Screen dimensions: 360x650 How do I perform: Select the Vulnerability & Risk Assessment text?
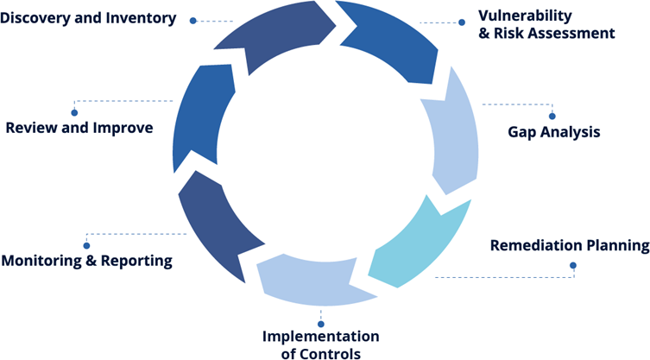(546, 25)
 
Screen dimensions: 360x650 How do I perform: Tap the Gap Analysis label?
(553, 133)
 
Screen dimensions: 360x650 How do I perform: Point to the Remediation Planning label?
(569, 246)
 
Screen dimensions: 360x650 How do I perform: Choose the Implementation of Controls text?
(320, 344)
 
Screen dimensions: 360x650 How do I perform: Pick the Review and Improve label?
(79, 128)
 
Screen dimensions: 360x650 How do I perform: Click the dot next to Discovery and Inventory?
(193, 20)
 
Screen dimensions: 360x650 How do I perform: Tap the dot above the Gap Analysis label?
(552, 116)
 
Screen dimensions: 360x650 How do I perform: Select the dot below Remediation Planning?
(573, 265)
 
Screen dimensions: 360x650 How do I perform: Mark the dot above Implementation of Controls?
(321, 324)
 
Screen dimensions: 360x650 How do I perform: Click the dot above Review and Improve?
(74, 112)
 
